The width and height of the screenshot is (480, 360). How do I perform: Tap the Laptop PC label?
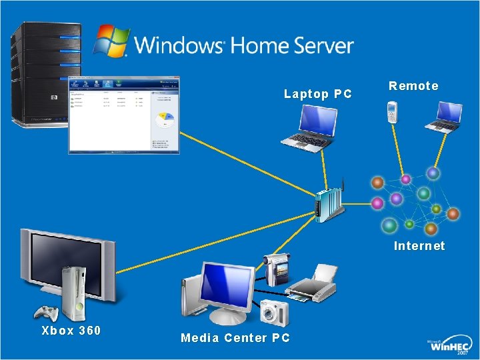click(x=317, y=94)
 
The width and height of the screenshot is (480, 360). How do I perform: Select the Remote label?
click(x=413, y=86)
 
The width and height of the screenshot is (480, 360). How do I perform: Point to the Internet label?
click(x=419, y=246)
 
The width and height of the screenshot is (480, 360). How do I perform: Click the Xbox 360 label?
click(x=71, y=330)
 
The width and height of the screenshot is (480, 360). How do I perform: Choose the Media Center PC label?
click(x=235, y=338)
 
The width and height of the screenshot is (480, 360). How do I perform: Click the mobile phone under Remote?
click(x=393, y=112)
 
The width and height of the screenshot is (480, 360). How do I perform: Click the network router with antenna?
click(x=330, y=203)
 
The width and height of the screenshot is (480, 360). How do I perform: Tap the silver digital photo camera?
click(x=274, y=311)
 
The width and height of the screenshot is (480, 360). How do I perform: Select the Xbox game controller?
click(x=47, y=313)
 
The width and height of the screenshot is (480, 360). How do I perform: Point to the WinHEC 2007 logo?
click(x=450, y=346)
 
